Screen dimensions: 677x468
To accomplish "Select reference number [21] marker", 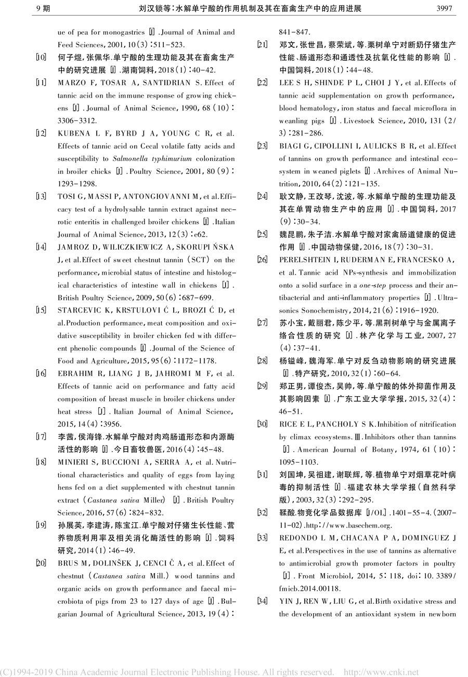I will tap(262, 44).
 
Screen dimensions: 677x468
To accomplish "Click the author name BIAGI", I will tap(290, 146).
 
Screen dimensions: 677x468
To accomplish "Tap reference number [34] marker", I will tap(262, 601).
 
